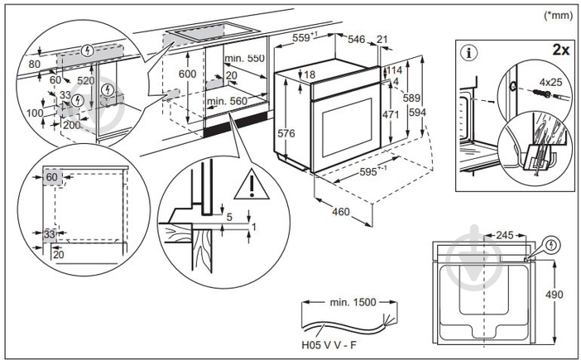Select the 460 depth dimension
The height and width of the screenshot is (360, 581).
(x=340, y=213)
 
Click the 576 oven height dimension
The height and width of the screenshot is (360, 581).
(x=286, y=133)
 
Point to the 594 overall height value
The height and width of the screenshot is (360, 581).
(x=415, y=113)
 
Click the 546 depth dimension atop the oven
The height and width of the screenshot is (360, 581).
(x=357, y=38)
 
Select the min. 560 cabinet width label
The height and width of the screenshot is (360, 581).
(x=228, y=101)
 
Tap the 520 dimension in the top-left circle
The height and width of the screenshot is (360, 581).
(x=85, y=82)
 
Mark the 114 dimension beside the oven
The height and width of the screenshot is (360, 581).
(x=394, y=70)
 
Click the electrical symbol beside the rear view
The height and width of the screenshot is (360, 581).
(x=552, y=245)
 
